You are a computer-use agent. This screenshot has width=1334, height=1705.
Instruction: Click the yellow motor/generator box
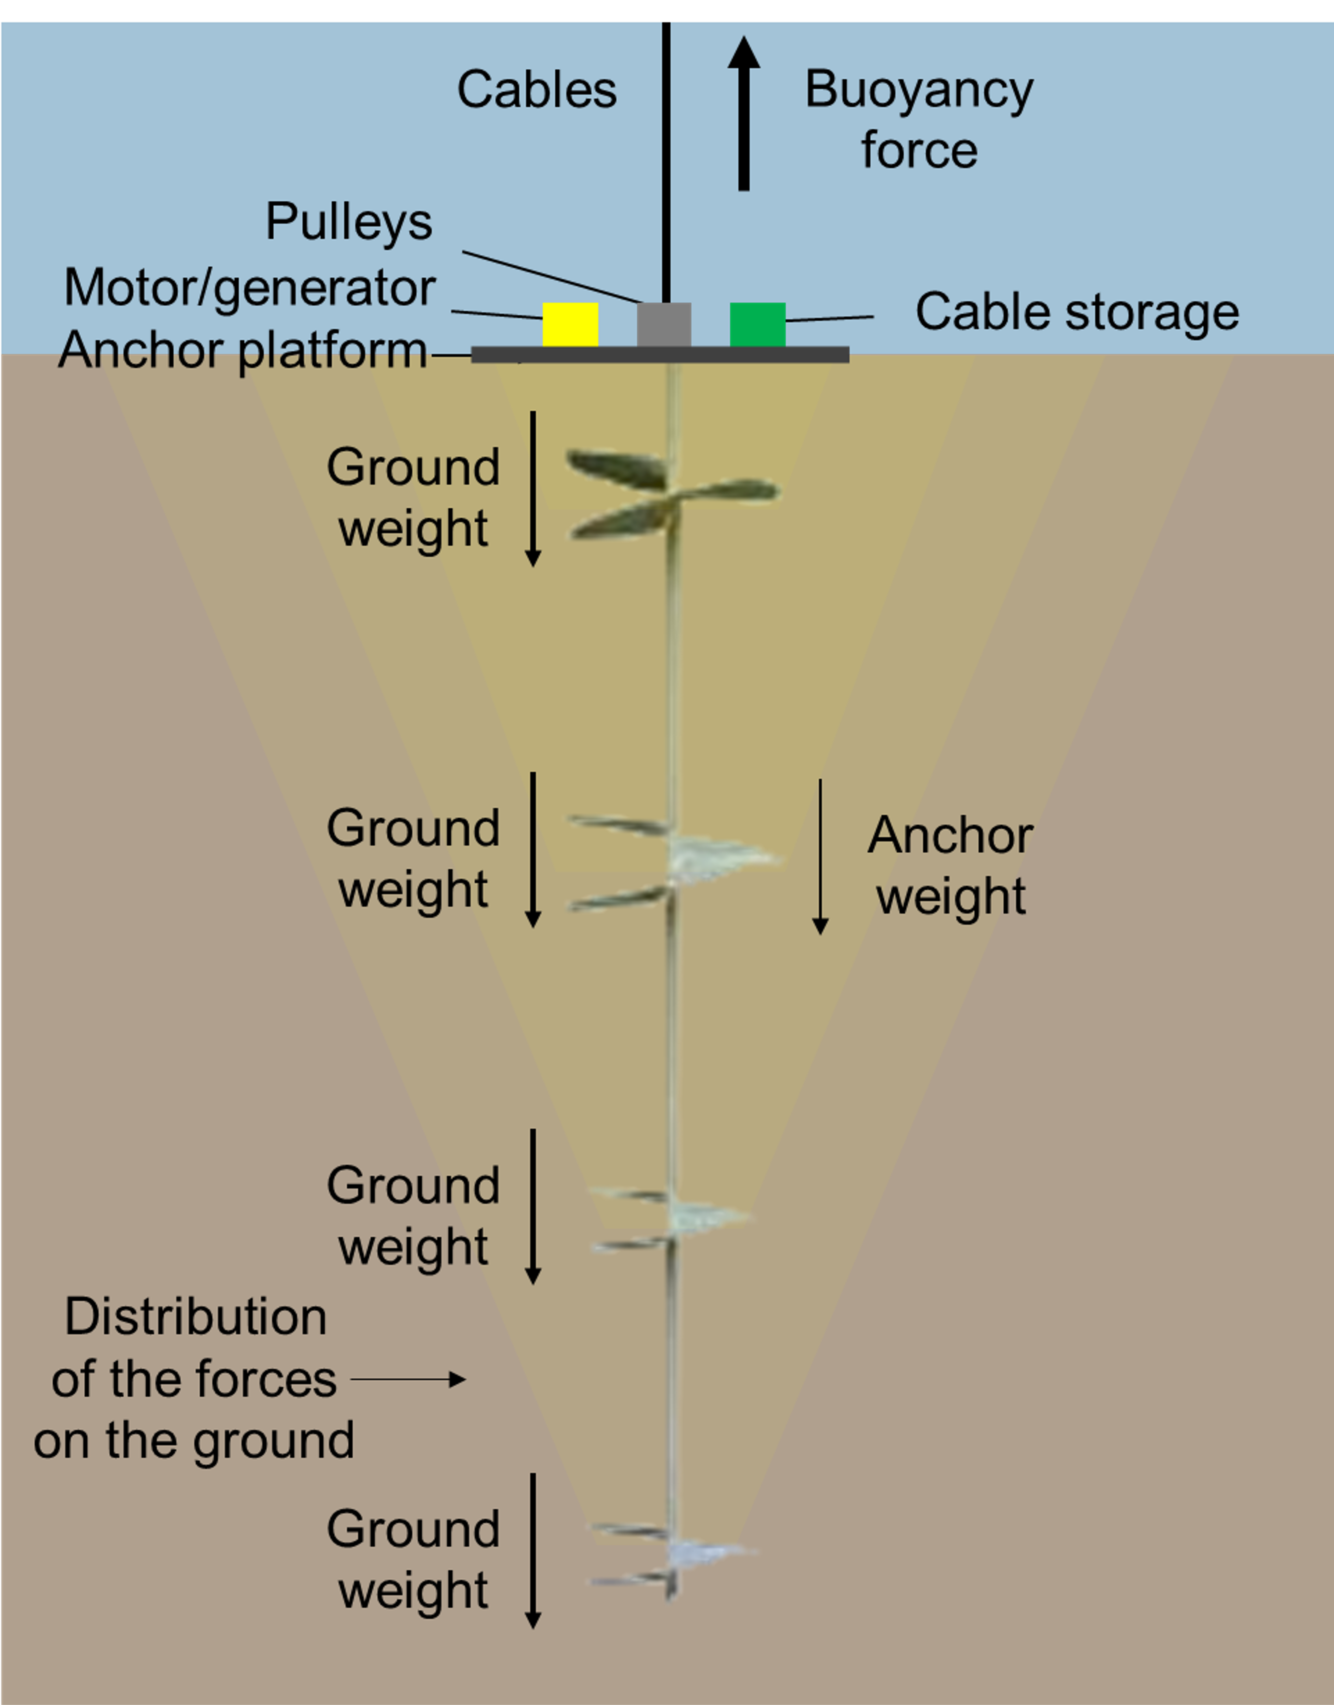[570, 324]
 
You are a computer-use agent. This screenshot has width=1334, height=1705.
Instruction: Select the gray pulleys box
[664, 324]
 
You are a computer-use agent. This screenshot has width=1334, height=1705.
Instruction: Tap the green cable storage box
[757, 324]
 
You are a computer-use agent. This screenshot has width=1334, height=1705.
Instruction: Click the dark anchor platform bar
[660, 355]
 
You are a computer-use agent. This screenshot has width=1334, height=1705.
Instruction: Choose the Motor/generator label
[250, 288]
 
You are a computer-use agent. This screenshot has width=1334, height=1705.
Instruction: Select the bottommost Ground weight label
[413, 1560]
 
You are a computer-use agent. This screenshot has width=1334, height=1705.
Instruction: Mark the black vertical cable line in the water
[666, 156]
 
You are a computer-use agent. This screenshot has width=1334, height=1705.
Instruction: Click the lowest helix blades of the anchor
[672, 1554]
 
